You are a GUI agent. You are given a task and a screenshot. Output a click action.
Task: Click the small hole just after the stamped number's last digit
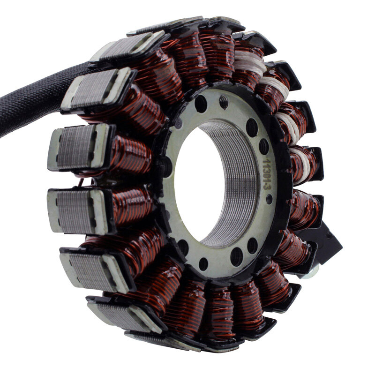[269, 199]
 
